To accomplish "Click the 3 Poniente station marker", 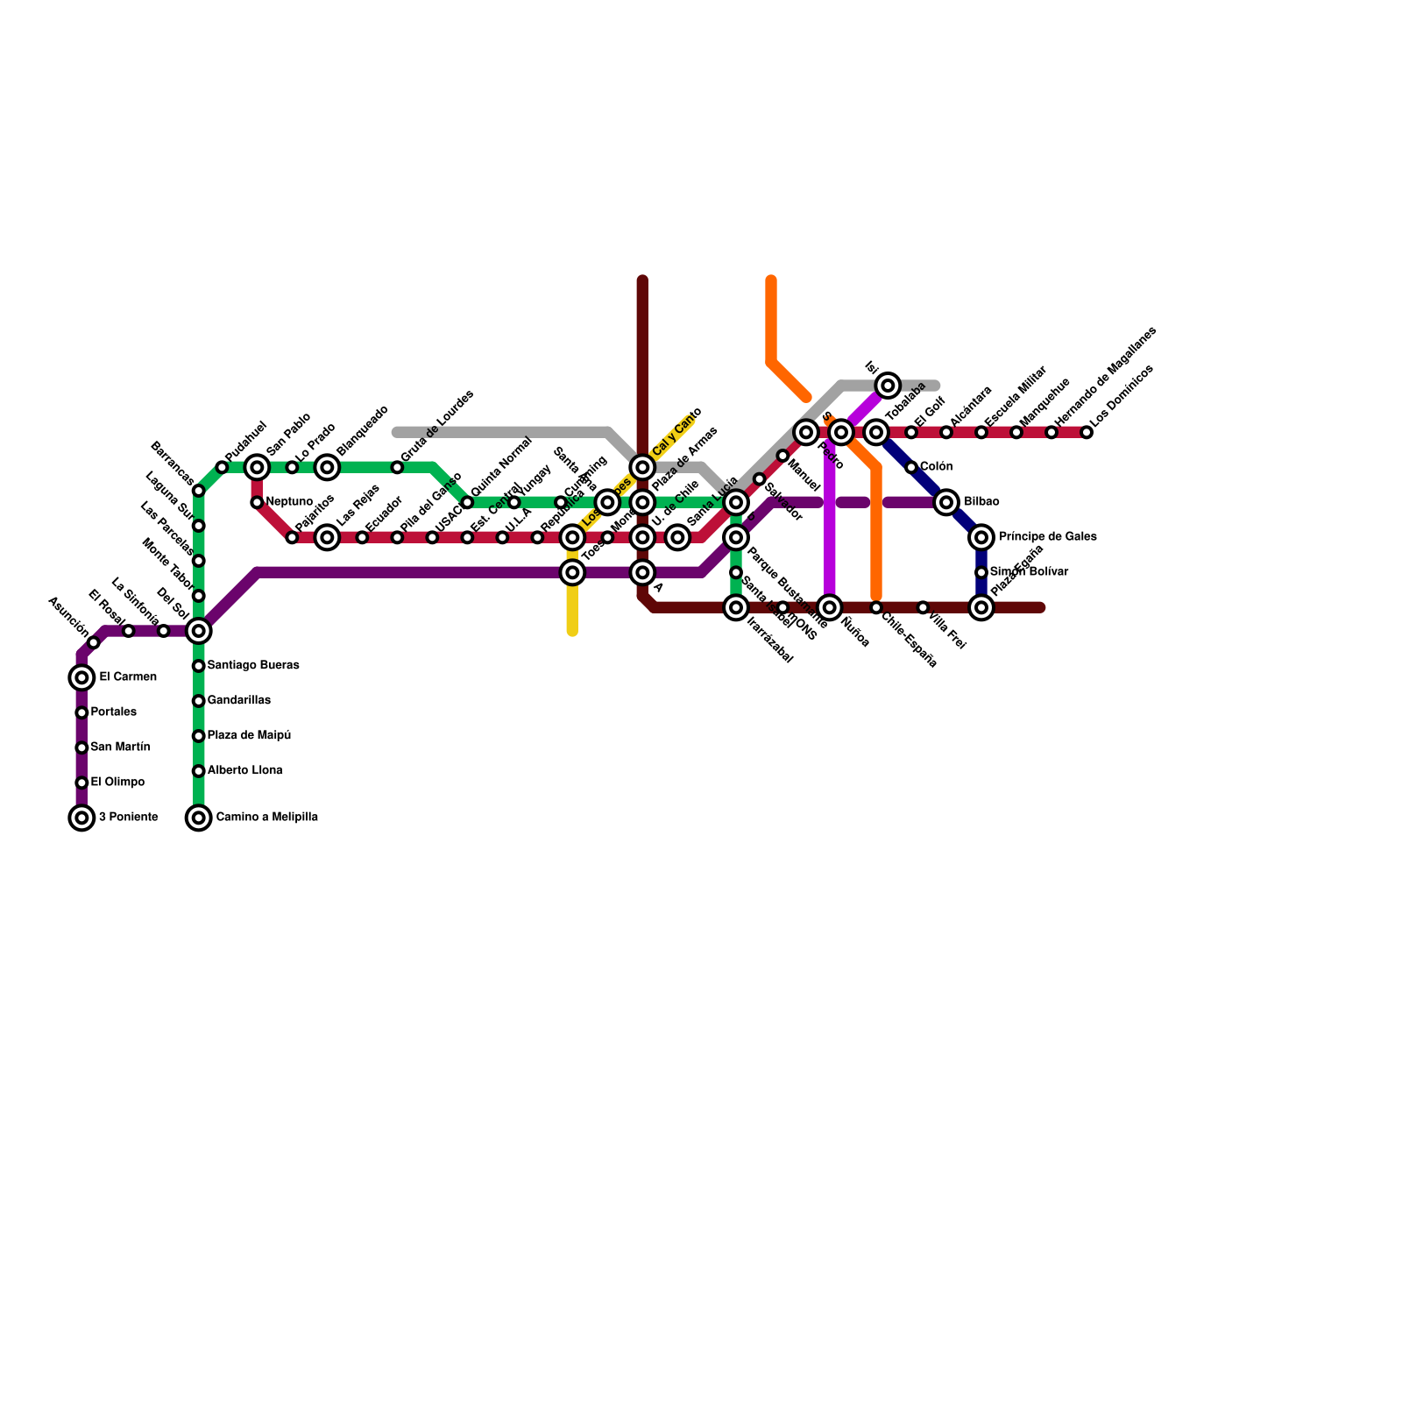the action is pyautogui.click(x=81, y=818).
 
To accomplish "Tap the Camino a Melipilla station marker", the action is pyautogui.click(x=199, y=818).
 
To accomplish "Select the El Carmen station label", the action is pyautogui.click(x=128, y=677).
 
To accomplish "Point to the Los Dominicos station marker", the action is pyautogui.click(x=1087, y=432).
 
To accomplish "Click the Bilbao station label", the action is pyautogui.click(x=981, y=502).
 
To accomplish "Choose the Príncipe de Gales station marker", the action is pyautogui.click(x=981, y=537).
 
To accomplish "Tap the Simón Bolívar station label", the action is pyautogui.click(x=1029, y=572).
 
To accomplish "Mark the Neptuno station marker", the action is pyautogui.click(x=257, y=502).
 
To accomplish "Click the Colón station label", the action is pyautogui.click(x=936, y=467).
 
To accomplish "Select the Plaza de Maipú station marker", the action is pyautogui.click(x=199, y=736).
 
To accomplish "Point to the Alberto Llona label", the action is pyautogui.click(x=244, y=771).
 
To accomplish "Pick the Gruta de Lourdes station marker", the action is pyautogui.click(x=397, y=467).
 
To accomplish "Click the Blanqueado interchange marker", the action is pyautogui.click(x=327, y=467).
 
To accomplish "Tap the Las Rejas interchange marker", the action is pyautogui.click(x=327, y=537).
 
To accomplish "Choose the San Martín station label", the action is pyautogui.click(x=120, y=747).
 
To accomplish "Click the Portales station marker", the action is pyautogui.click(x=81, y=712).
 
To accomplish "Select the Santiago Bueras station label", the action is pyautogui.click(x=253, y=666).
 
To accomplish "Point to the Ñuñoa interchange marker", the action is pyautogui.click(x=830, y=607).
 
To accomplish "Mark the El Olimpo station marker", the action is pyautogui.click(x=81, y=782).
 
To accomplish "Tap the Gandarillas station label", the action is pyautogui.click(x=239, y=701).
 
